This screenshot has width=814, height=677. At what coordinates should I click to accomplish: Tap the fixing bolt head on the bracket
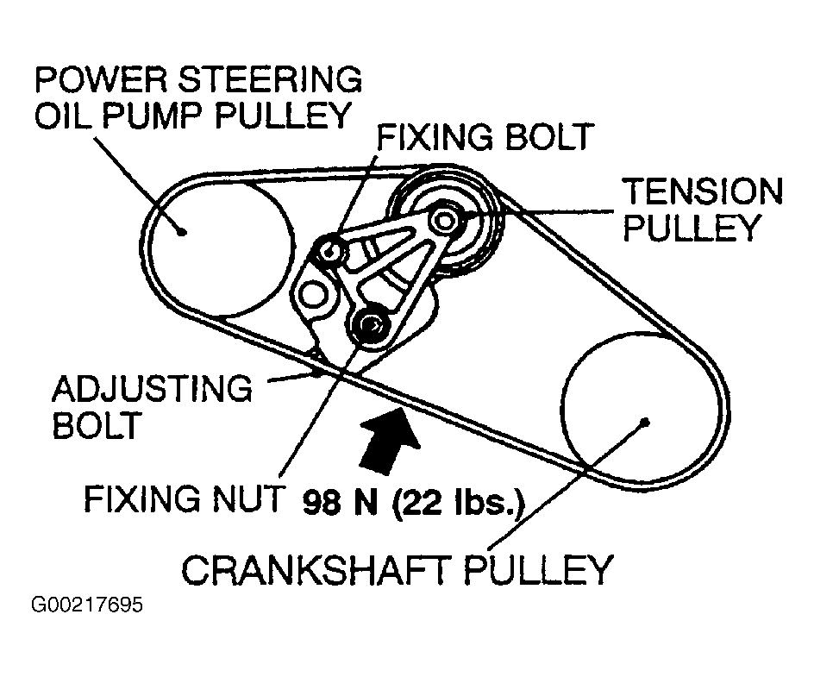coord(330,250)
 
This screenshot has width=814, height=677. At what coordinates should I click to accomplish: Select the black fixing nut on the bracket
coord(371,324)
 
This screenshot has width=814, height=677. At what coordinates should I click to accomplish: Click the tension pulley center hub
coord(444,219)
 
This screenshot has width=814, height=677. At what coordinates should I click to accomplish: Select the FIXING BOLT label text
coord(486,136)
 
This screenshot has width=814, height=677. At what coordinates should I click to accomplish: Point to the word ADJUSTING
coord(152,389)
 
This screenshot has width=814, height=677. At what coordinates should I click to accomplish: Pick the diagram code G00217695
coord(87,605)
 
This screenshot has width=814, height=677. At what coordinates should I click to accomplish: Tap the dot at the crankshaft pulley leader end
coord(645,422)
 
